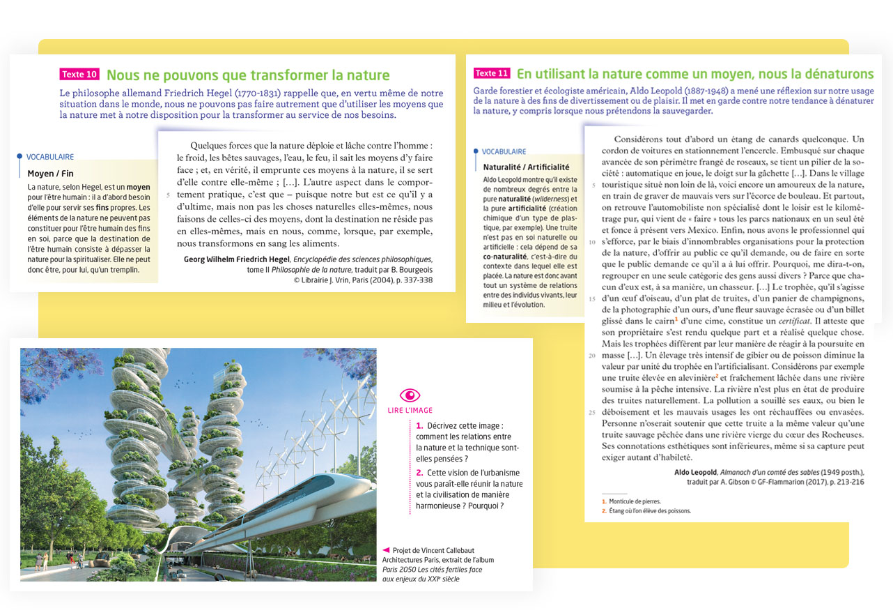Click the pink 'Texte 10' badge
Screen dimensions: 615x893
point(79,75)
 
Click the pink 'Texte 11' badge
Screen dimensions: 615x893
point(492,73)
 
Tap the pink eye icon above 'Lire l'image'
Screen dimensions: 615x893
point(410,395)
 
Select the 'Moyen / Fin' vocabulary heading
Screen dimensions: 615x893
point(50,174)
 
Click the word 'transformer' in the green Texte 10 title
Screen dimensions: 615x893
point(281,75)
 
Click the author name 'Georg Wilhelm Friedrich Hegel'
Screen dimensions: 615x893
point(236,260)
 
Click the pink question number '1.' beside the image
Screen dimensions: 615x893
point(419,425)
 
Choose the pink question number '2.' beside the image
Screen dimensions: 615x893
point(419,473)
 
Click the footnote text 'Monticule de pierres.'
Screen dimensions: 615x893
point(635,501)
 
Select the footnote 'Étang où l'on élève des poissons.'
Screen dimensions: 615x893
point(649,511)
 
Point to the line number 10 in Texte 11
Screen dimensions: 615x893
point(591,242)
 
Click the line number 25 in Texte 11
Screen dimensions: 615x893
point(591,412)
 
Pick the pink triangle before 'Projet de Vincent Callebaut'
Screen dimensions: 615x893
point(386,549)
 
